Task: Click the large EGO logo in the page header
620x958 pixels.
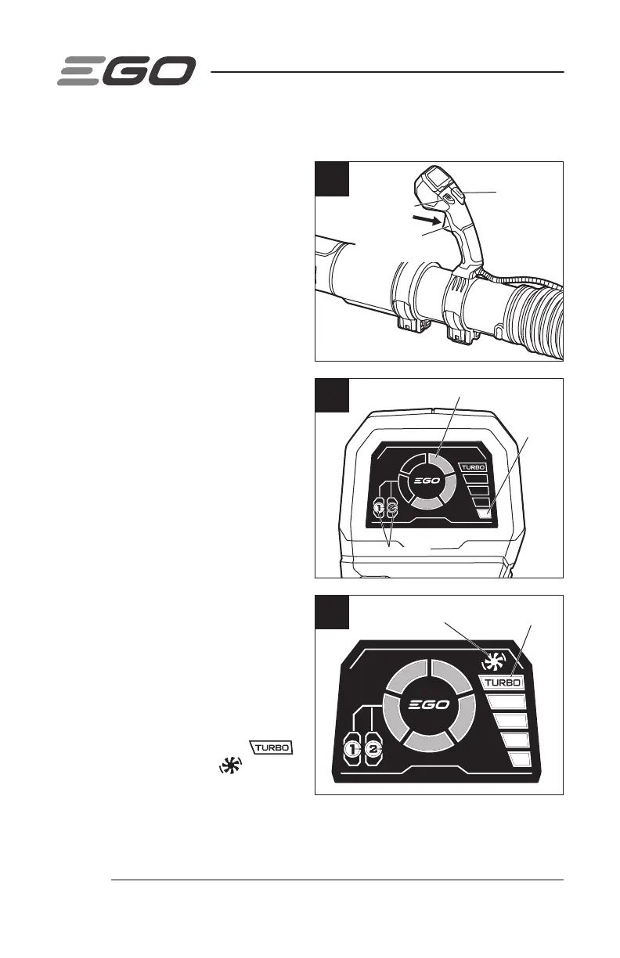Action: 126,72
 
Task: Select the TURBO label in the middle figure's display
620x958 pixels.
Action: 475,468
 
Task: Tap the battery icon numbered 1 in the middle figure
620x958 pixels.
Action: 380,508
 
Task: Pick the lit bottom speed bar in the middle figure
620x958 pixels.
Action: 484,513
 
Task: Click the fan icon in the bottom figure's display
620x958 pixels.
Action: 491,662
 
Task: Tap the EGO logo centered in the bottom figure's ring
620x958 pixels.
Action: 429,704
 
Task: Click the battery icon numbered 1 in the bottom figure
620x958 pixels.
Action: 355,749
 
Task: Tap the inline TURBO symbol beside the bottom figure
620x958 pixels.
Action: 271,747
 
